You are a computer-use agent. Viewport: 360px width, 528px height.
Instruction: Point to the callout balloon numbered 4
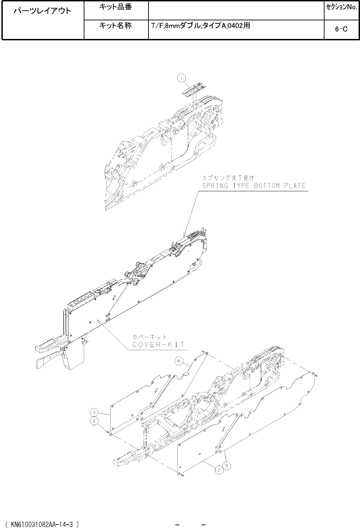pos(93,421)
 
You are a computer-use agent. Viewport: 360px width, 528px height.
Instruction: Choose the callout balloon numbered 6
pos(179,361)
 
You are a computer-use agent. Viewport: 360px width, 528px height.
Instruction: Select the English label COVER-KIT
pos(158,344)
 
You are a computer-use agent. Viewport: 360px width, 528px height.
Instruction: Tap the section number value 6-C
pos(341,29)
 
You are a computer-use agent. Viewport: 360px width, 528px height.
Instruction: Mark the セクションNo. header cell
pos(341,7)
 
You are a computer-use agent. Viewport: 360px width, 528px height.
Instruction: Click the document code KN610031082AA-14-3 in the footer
pos(42,524)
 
